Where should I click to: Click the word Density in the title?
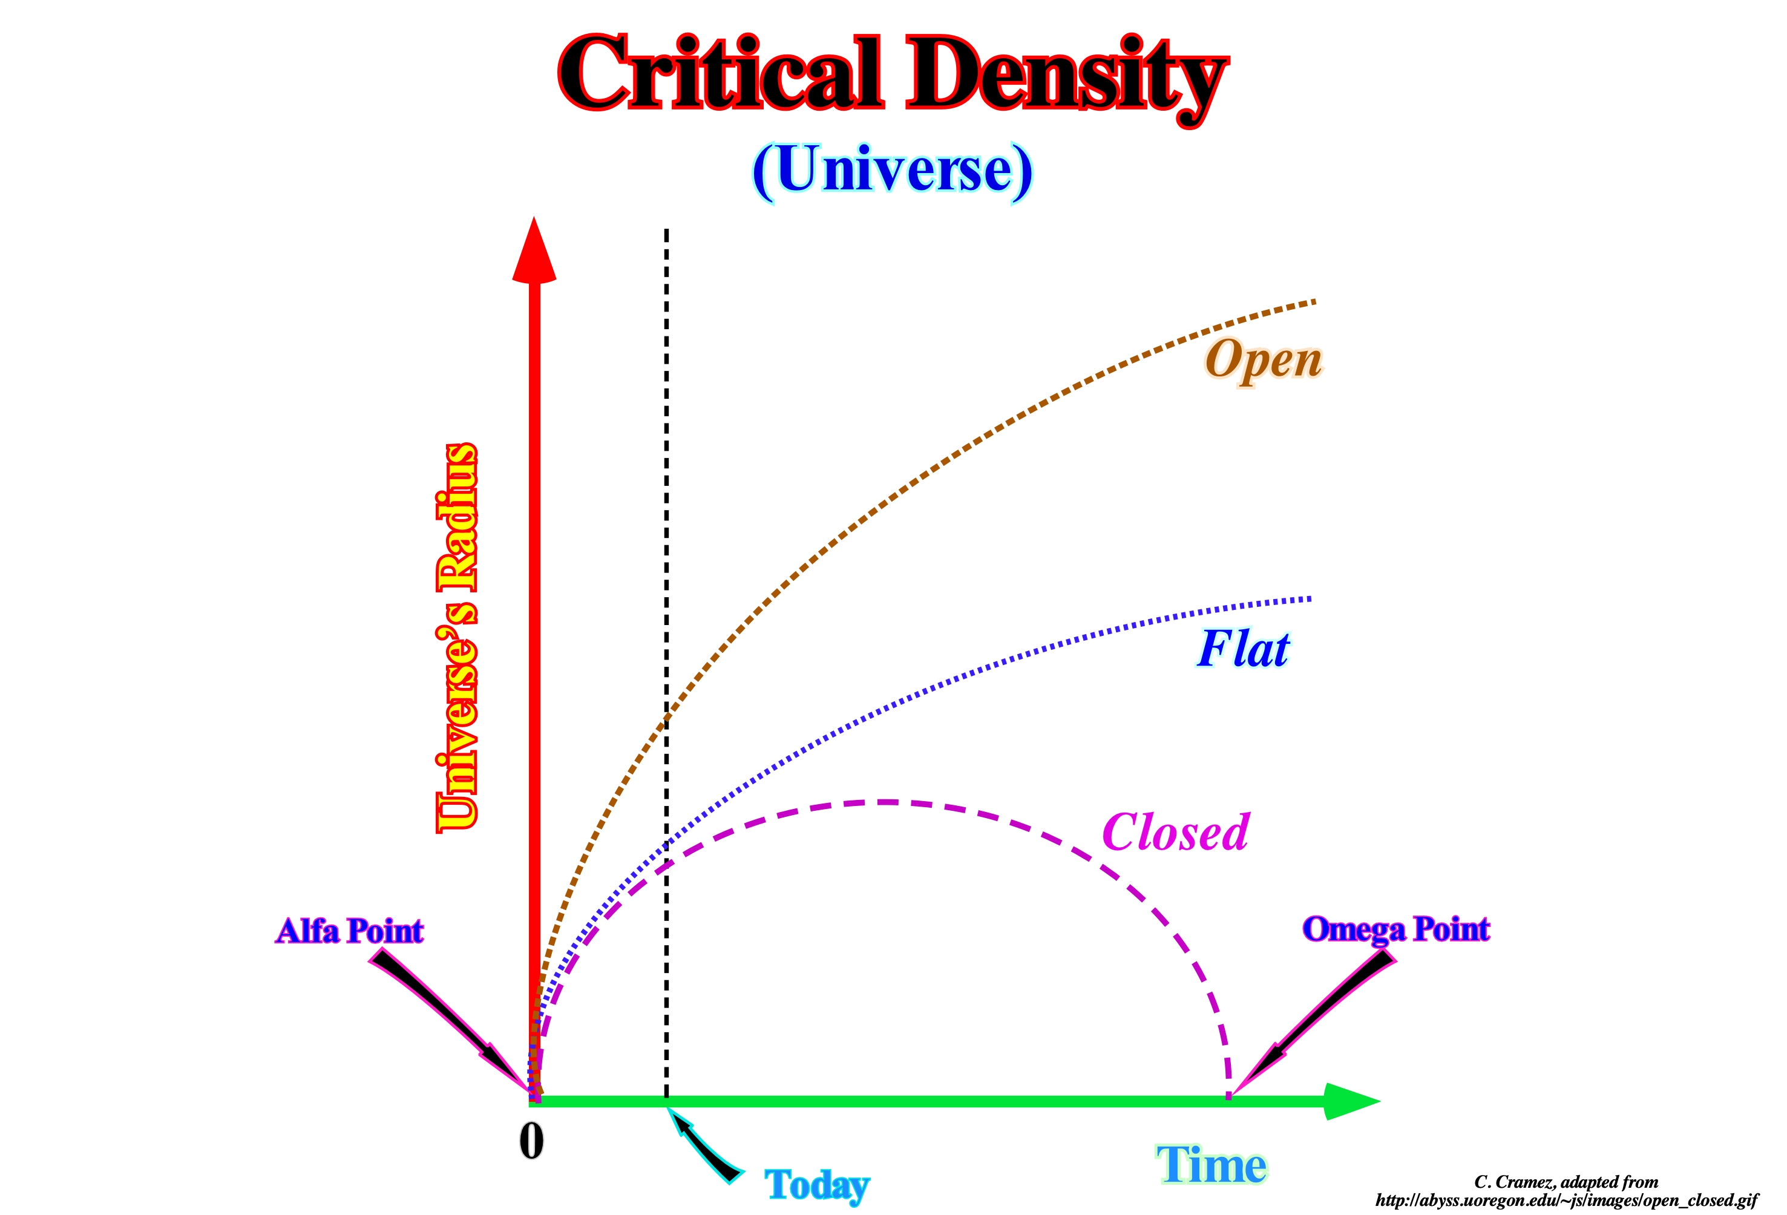[1066, 79]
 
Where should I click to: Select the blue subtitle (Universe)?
[892, 172]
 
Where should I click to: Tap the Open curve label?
[1264, 360]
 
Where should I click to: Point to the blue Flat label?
[1244, 648]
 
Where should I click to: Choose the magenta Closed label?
[1176, 833]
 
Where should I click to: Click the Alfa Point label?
[349, 931]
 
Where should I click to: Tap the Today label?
[816, 1185]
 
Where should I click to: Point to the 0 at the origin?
[531, 1141]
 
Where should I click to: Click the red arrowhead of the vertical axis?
[534, 251]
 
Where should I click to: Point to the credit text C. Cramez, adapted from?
[1566, 1182]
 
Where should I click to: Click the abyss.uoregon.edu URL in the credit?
[1566, 1200]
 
